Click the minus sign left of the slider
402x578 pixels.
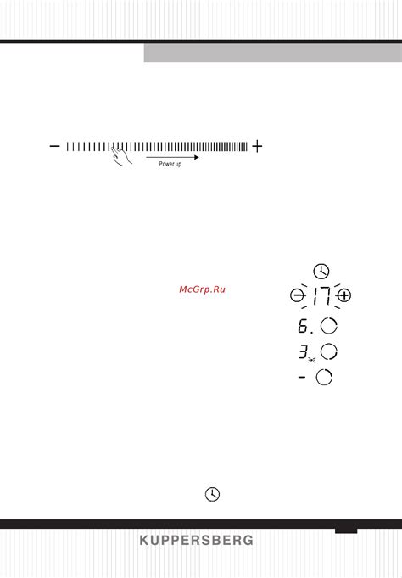(x=54, y=146)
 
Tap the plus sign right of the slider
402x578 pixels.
(x=257, y=146)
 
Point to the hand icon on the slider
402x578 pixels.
(x=121, y=156)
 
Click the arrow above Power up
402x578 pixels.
(x=172, y=157)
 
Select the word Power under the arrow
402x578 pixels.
(x=165, y=164)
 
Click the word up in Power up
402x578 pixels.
(x=177, y=165)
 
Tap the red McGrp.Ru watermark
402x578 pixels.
(x=202, y=289)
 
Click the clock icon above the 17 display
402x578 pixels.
(x=321, y=272)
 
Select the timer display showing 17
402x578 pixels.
(x=321, y=296)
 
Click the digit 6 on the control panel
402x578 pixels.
(x=303, y=326)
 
